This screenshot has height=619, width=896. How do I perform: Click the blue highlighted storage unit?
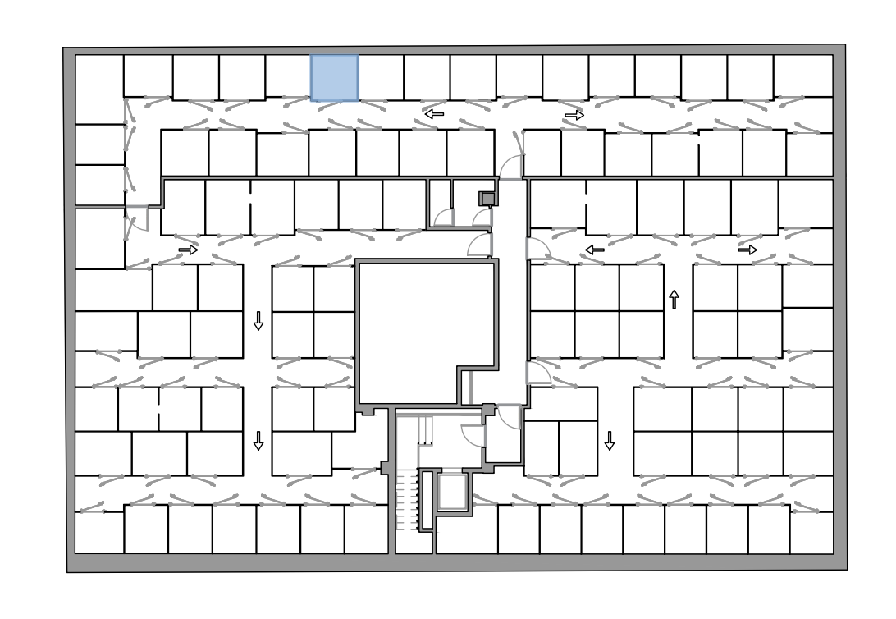coord(334,78)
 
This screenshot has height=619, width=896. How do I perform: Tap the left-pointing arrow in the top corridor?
coord(434,114)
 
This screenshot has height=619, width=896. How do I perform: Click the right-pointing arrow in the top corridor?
coord(574,116)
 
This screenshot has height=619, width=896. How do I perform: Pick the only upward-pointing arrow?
coord(674,299)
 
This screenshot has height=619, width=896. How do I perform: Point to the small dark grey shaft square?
coord(487,198)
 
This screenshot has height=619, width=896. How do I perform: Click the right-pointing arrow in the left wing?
coord(188,250)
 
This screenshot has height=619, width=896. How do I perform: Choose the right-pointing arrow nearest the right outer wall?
coord(747,250)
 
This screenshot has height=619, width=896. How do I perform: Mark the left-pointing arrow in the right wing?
coord(594,250)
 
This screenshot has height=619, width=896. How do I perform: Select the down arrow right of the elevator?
coord(610,441)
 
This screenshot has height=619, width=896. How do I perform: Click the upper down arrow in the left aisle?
coord(258,321)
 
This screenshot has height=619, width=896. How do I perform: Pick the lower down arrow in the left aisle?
coord(259,441)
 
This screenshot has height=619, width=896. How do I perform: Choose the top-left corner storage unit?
coord(99,89)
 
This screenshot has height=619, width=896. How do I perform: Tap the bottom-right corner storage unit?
coord(811,532)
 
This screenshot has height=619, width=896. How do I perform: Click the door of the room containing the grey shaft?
coord(482,219)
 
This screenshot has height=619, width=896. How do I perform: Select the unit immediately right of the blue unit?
coord(381,78)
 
